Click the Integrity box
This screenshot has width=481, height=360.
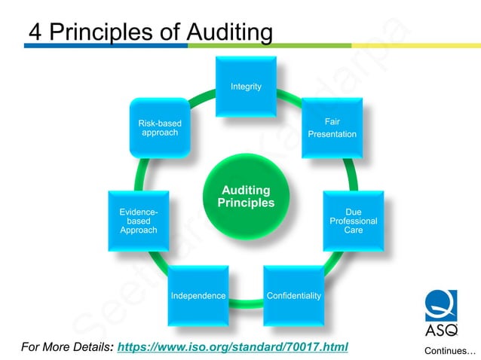247,87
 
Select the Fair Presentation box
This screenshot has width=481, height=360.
332,127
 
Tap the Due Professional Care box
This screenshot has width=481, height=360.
353,221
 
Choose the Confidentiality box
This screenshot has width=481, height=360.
293,294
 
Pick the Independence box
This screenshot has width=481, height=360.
198,294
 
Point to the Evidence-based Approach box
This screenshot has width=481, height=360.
139,221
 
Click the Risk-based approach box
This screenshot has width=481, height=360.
160,127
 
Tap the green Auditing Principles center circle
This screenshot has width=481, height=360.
246,197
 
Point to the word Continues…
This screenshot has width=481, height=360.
450,351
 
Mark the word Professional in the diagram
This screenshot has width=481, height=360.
353,221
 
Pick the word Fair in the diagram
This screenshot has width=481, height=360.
332,121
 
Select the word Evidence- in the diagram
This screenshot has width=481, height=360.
139,212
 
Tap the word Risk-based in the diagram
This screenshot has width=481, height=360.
160,123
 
